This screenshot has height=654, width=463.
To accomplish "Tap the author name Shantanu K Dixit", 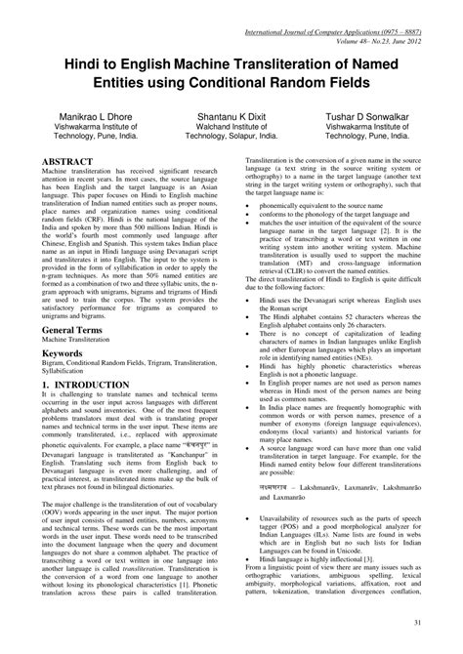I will pos(231,114).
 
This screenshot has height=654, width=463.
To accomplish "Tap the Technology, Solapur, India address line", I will pos(231,136).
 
